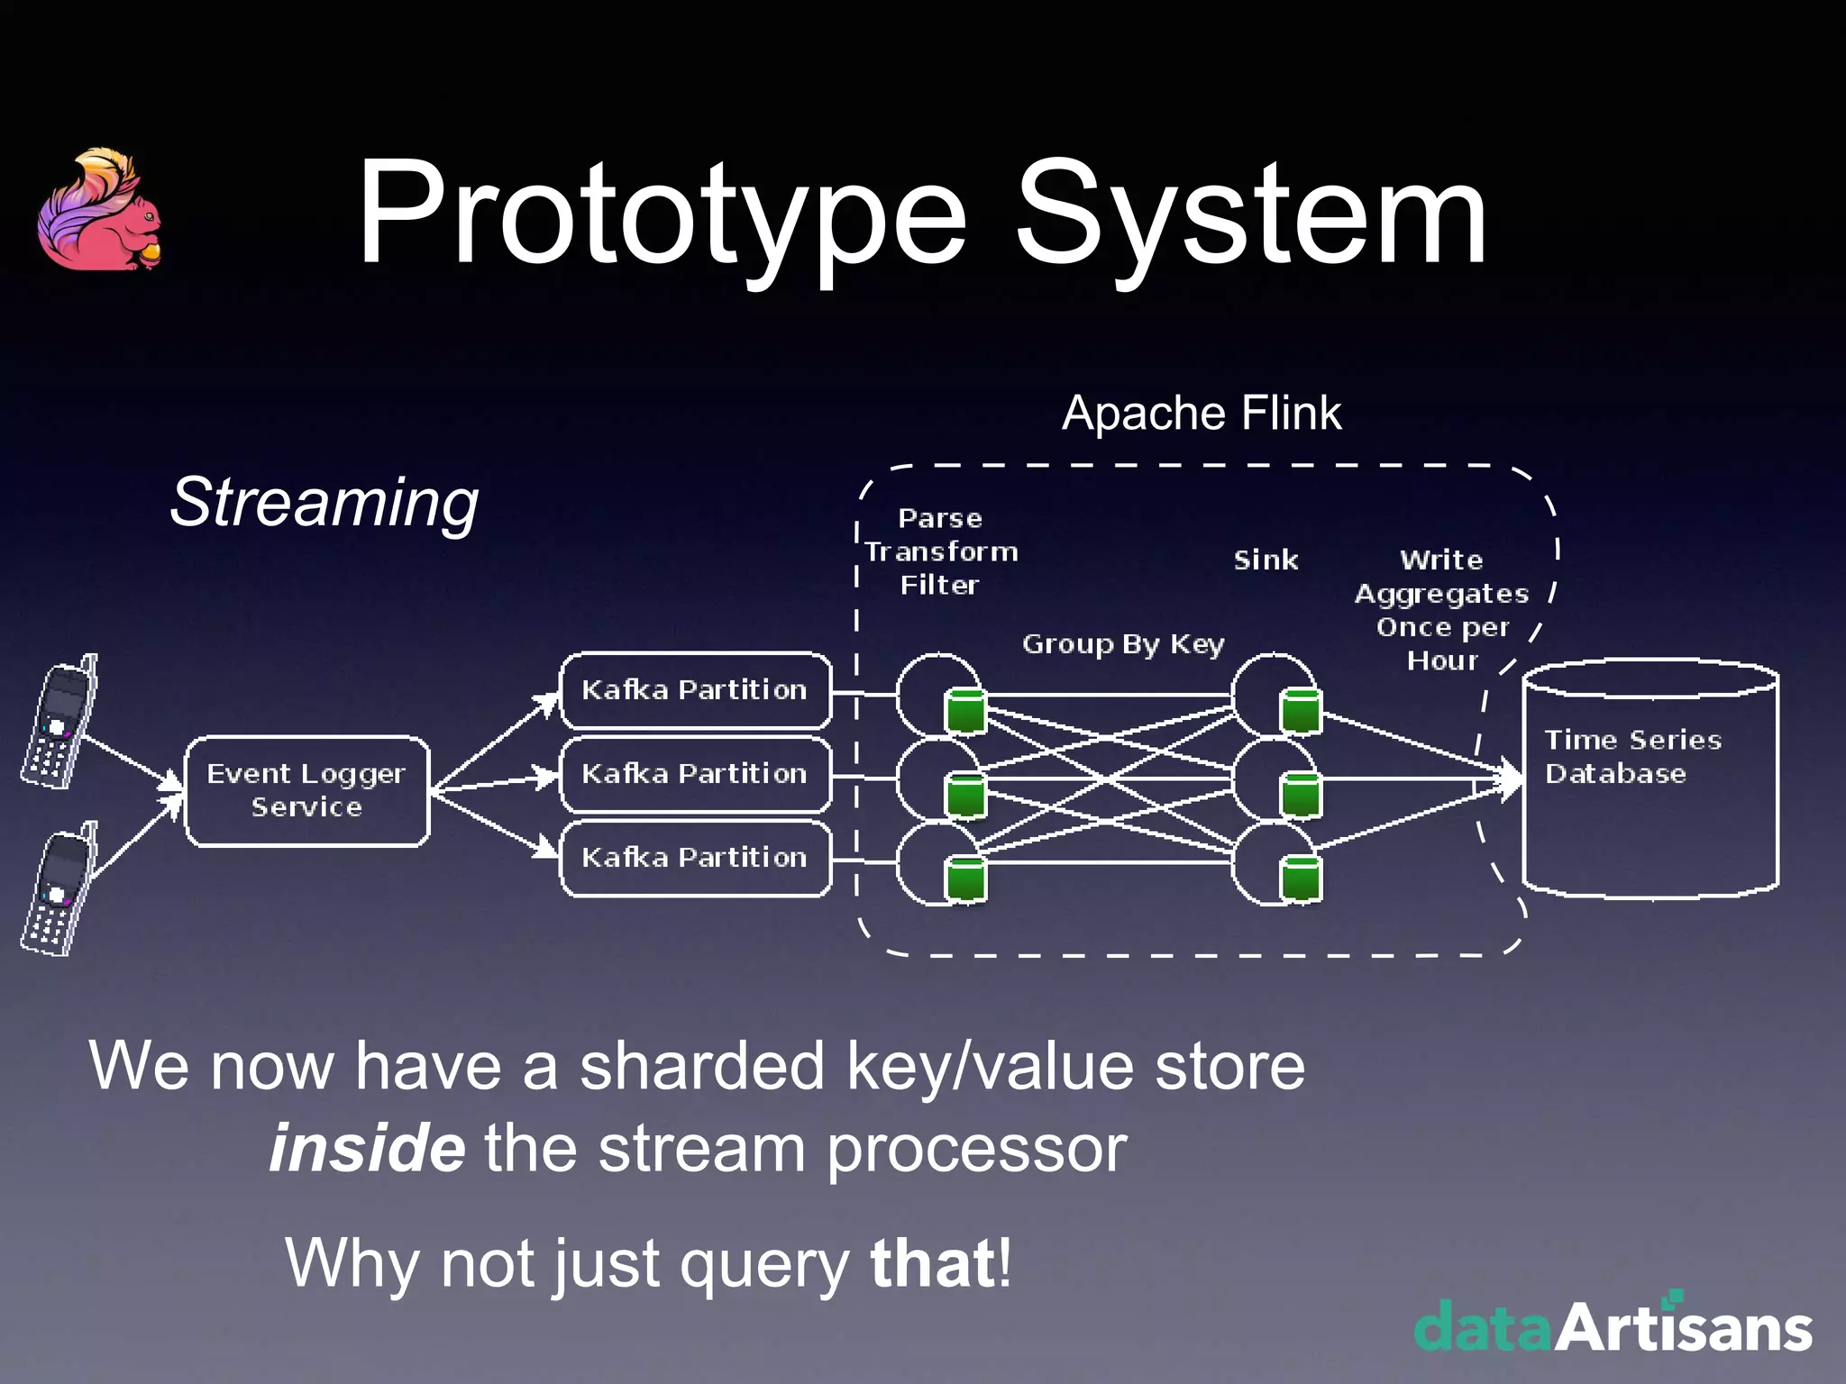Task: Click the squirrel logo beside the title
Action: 99,211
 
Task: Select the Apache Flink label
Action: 1201,414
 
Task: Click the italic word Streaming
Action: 324,502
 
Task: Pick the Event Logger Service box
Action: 306,790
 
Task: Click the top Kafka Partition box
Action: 695,690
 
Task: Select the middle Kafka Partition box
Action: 695,774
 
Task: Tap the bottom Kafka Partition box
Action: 695,858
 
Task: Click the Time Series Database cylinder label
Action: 1632,757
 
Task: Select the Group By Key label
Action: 1123,644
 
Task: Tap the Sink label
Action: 1266,560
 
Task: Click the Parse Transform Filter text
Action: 940,551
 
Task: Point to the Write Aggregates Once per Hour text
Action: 1441,610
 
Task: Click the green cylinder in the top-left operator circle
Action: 965,711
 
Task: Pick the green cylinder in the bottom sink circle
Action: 1301,879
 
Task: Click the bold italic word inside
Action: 367,1149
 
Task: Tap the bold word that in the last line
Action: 933,1263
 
